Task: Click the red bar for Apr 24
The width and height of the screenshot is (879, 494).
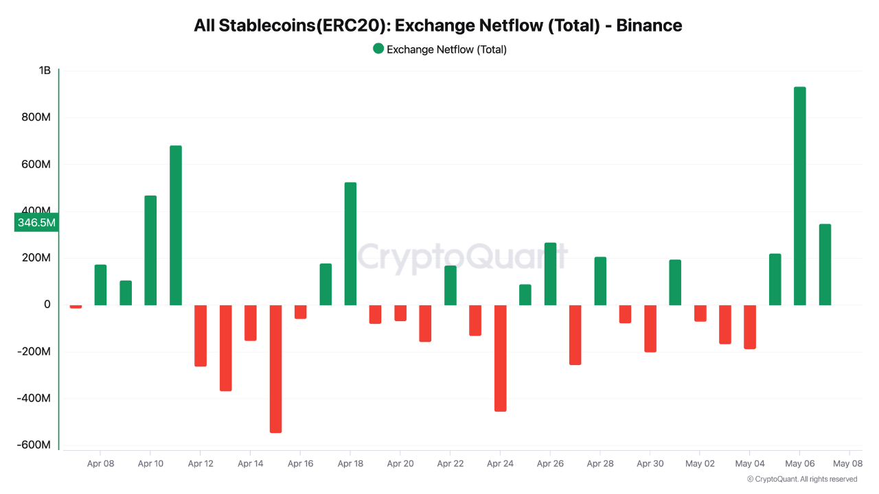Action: tap(500, 358)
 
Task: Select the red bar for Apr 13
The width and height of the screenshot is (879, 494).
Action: tap(225, 348)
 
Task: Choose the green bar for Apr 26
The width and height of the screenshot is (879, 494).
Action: tap(550, 274)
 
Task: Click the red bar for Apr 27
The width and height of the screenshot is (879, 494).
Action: tap(575, 335)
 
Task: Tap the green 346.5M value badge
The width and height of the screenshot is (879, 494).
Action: tap(36, 222)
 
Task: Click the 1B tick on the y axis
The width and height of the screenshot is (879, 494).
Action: tap(45, 71)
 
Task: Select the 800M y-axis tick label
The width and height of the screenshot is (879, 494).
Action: tap(36, 117)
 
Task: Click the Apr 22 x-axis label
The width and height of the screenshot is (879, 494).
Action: tap(450, 464)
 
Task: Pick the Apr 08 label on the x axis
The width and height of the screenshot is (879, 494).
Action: tap(100, 464)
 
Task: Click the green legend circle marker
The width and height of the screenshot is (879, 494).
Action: tap(378, 49)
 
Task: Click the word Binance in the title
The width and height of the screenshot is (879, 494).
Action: tap(649, 25)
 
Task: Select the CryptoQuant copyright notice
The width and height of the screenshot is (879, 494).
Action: tap(802, 479)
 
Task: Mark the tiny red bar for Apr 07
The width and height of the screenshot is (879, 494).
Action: tap(76, 307)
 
